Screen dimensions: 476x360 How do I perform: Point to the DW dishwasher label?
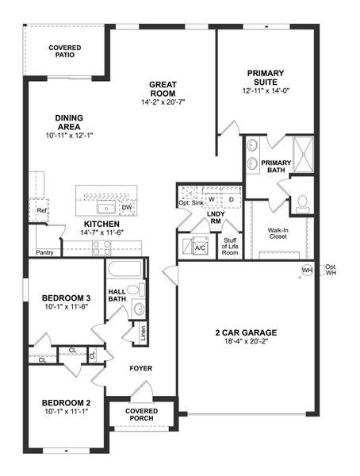(x=127, y=208)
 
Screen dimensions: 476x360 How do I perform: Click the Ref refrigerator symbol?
(x=40, y=211)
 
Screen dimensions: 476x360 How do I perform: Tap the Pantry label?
(x=44, y=252)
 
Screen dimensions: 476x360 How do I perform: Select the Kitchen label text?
(x=101, y=224)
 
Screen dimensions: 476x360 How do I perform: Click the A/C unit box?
(x=200, y=247)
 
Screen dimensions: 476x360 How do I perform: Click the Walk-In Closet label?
(x=278, y=234)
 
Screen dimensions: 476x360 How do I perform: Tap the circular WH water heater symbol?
(x=307, y=271)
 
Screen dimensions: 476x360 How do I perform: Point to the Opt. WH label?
(x=331, y=270)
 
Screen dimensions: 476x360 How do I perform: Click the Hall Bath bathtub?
(x=124, y=268)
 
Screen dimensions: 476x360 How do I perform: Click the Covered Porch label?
(x=142, y=415)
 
